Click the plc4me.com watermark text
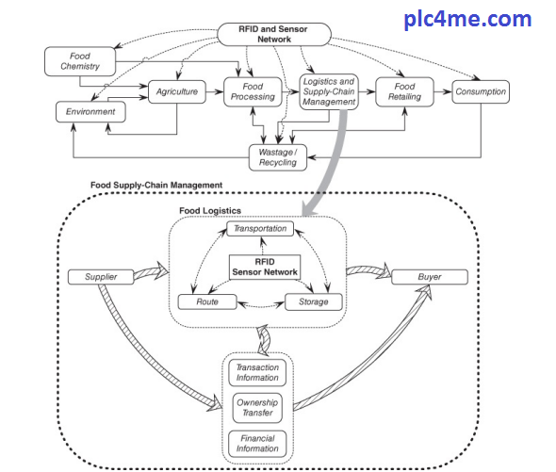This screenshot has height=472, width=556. point(467,19)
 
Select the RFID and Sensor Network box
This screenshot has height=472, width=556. point(273,35)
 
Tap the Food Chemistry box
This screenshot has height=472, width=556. point(80,61)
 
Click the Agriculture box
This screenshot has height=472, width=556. point(177,91)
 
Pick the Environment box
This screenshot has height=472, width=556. point(90,112)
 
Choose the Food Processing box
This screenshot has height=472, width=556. point(253,91)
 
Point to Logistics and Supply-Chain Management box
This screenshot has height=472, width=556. point(329,91)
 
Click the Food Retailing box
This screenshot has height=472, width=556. point(404,91)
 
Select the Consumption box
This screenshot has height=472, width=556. point(481,91)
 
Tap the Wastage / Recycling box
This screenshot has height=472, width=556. point(278,157)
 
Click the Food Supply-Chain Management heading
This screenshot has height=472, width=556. point(156,185)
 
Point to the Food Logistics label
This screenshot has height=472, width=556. point(210,211)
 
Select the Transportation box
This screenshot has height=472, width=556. point(260,229)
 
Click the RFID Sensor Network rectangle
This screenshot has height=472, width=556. point(265,267)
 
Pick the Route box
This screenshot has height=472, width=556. point(207,301)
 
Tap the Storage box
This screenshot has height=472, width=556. point(314,301)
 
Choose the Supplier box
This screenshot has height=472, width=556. point(101,277)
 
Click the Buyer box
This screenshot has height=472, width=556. point(430,277)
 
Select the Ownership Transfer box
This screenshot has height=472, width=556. point(257,408)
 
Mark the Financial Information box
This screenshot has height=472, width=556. point(257,444)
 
